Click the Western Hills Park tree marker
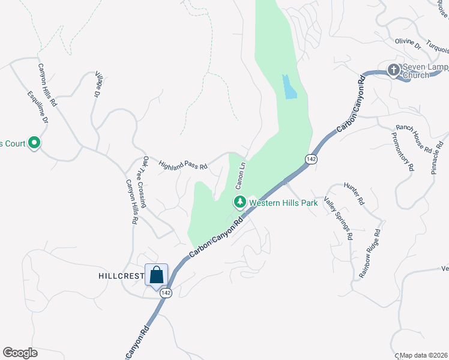240,202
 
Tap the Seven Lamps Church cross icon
394,70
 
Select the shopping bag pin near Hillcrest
157,275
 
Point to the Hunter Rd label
354,194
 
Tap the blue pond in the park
289,87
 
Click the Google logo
20,353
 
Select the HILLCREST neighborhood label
119,276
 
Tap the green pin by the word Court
34,143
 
